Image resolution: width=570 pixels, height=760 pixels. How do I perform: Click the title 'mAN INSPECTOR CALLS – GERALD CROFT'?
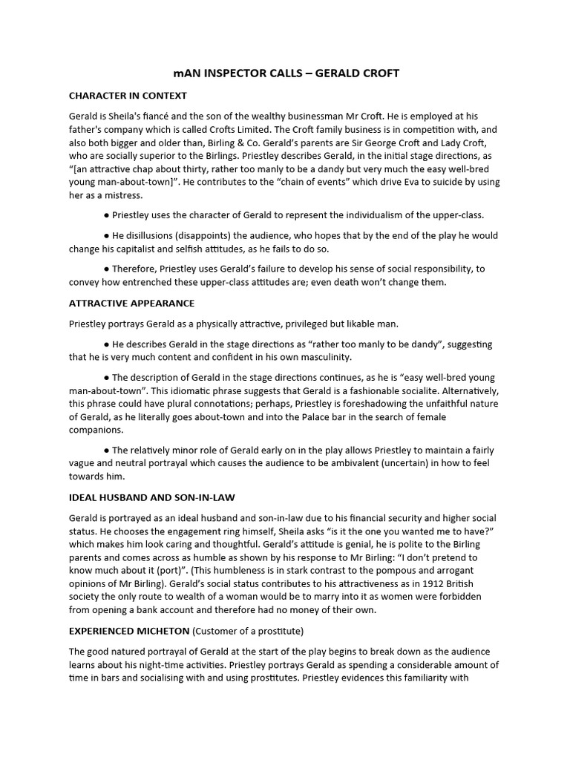(x=285, y=73)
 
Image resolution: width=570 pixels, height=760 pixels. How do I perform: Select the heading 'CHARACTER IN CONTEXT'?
(x=128, y=96)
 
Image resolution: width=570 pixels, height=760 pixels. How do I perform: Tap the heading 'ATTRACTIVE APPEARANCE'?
(x=131, y=304)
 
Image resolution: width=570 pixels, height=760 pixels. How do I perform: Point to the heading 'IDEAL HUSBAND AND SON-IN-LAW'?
(x=151, y=497)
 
